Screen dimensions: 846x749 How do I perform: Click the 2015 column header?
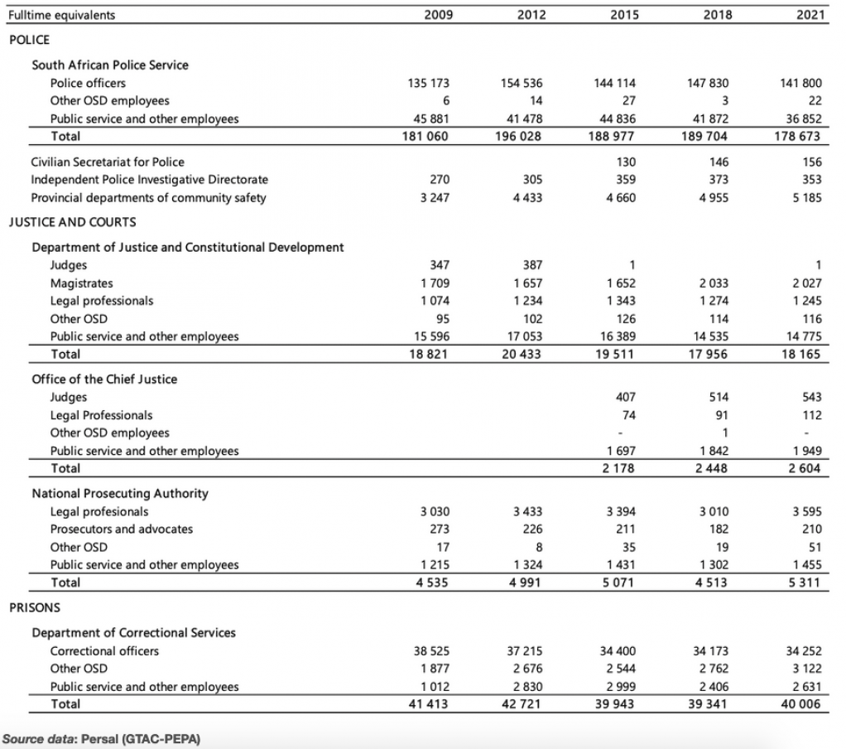pyautogui.click(x=624, y=15)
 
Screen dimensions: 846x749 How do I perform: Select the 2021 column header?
pyautogui.click(x=810, y=15)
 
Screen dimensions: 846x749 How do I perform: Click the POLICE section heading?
pyautogui.click(x=29, y=40)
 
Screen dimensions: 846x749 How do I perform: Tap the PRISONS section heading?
pyautogui.click(x=35, y=607)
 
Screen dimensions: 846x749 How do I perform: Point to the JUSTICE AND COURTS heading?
pyautogui.click(x=72, y=222)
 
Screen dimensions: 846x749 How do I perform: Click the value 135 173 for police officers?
pyautogui.click(x=429, y=83)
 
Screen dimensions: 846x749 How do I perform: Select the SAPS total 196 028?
pyautogui.click(x=518, y=136)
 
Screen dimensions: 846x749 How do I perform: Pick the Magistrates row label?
pyautogui.click(x=81, y=283)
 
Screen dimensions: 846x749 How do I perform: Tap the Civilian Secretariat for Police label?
pyautogui.click(x=108, y=162)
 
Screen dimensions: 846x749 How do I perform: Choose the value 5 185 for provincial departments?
pyautogui.click(x=807, y=198)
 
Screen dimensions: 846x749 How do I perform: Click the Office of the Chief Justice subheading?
pyautogui.click(x=104, y=379)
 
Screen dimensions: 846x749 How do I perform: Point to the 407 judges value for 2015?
pyautogui.click(x=625, y=397)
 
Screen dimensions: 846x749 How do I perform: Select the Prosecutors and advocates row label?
pyautogui.click(x=122, y=529)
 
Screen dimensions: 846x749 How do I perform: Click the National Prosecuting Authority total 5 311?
pyautogui.click(x=805, y=582)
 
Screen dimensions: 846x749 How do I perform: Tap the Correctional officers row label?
pyautogui.click(x=104, y=650)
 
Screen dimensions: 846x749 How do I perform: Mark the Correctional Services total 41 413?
pyautogui.click(x=429, y=704)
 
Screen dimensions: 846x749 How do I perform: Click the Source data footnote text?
pyautogui.click(x=102, y=739)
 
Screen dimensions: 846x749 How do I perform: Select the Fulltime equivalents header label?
pyautogui.click(x=61, y=15)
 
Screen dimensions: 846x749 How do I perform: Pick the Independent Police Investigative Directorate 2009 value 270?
pyautogui.click(x=440, y=180)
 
